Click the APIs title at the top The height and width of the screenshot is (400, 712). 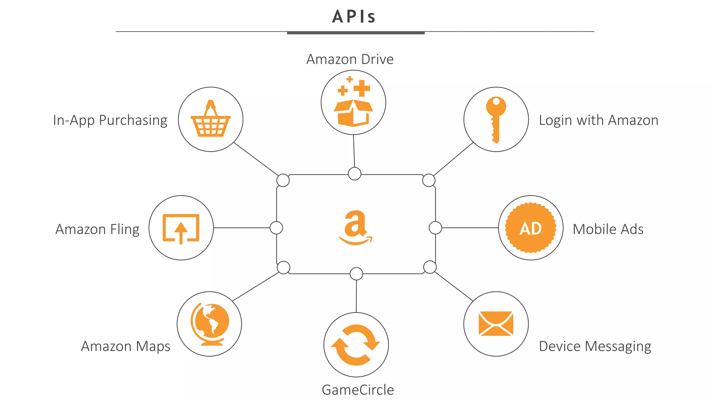354,16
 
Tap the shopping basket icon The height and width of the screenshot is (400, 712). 211,119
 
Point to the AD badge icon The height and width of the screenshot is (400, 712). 531,228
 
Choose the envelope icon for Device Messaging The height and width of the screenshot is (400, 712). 496,323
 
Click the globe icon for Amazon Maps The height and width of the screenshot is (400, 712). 210,324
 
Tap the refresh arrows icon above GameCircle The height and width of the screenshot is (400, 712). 356,345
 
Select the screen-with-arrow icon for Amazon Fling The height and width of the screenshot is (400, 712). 181,228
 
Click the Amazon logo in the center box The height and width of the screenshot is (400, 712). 355,227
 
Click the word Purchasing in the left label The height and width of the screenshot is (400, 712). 133,120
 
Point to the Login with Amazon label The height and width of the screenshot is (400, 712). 598,120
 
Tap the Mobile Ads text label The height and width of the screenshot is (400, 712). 608,229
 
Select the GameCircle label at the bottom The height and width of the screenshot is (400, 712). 358,390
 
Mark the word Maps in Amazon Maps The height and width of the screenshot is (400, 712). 153,347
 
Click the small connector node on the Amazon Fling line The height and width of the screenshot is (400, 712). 276,228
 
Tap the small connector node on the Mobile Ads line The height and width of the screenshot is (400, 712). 435,228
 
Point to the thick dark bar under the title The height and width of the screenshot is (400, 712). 356,33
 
